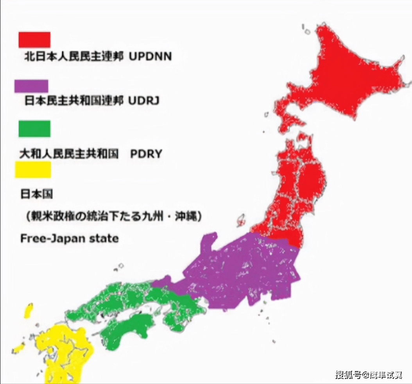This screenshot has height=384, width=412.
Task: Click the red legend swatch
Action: point(34,39)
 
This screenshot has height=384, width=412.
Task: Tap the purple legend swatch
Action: point(31,86)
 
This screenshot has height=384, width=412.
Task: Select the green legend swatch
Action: point(34,129)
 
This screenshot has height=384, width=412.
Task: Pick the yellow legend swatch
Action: point(33,170)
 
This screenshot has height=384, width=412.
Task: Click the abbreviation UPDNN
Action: point(150,57)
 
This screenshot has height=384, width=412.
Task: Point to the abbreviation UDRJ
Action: point(144,101)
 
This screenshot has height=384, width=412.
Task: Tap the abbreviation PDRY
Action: point(146,154)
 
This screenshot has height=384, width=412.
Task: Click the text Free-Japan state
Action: point(69,238)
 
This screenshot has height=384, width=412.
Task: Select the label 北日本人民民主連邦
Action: point(74,57)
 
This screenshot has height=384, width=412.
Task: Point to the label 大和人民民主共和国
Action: point(69,154)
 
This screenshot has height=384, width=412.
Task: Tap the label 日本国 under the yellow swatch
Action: point(36,194)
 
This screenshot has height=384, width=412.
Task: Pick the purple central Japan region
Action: point(242,270)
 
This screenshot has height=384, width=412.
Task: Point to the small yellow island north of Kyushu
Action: point(29,311)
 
